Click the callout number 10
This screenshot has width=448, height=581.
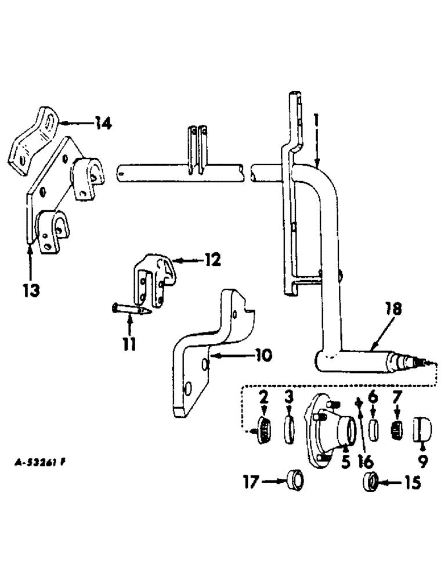point(256,354)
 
